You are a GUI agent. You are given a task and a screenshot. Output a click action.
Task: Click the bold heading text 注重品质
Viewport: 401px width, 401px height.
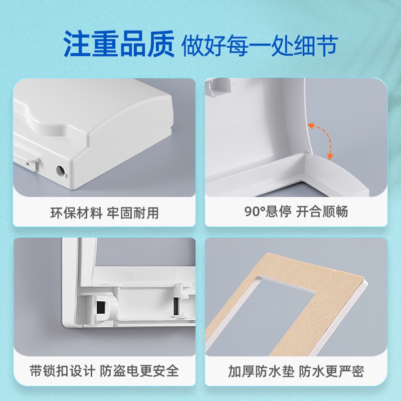[x=119, y=44]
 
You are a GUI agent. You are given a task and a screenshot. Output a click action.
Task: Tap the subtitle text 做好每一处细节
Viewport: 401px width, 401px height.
[x=260, y=45]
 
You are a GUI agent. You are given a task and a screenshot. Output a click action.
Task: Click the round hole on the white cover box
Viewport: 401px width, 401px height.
[x=61, y=170]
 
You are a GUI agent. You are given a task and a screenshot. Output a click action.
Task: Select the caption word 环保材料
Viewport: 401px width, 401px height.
[x=76, y=213]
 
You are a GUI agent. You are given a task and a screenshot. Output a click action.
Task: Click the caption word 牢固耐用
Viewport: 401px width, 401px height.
[x=133, y=213]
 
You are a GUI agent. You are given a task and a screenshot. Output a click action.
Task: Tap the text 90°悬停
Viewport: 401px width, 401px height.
[x=268, y=212]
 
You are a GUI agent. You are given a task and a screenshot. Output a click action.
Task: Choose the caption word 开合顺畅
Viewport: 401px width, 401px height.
[x=322, y=212]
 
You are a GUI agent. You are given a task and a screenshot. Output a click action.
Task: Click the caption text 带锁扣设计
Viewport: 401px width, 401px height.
[x=63, y=371]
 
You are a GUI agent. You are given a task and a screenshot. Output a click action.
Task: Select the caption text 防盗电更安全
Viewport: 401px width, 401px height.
[x=139, y=371]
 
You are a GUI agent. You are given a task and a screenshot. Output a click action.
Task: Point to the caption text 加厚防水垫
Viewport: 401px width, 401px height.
[x=261, y=371]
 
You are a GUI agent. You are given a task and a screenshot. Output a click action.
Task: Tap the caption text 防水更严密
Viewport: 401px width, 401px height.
[x=331, y=371]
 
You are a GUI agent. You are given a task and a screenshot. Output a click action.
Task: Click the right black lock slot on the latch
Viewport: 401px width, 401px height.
[x=176, y=306]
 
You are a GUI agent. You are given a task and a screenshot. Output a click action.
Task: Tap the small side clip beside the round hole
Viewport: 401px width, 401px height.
[x=32, y=164]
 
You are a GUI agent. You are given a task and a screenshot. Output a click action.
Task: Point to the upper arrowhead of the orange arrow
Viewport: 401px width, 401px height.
[x=310, y=126]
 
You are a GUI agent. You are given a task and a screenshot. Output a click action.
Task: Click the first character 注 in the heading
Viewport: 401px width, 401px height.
[x=77, y=44]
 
